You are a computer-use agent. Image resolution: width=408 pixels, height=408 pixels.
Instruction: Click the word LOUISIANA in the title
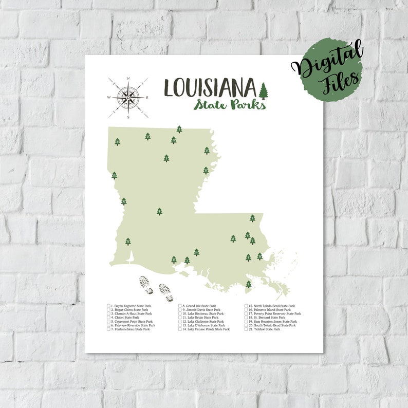(x=210, y=87)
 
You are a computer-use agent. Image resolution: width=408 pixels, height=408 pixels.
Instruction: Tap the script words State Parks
(x=230, y=104)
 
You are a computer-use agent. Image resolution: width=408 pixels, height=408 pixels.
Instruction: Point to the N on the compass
(x=128, y=79)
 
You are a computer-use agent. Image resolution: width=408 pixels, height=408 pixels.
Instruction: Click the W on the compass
(x=108, y=97)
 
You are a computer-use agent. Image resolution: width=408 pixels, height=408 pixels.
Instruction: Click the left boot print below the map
(x=146, y=285)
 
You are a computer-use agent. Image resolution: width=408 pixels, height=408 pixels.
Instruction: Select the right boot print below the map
(x=166, y=292)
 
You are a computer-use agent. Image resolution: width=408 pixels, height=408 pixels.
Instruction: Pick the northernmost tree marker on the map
(x=179, y=129)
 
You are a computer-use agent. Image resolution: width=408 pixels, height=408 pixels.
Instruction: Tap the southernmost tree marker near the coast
(x=248, y=284)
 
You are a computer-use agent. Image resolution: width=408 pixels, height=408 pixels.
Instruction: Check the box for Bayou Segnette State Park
(x=109, y=306)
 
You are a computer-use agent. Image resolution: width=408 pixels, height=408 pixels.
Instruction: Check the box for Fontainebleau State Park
(x=109, y=329)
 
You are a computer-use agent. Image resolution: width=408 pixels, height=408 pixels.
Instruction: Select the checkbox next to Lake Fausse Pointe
(x=180, y=329)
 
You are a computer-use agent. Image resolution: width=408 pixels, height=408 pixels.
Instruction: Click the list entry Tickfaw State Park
(x=265, y=329)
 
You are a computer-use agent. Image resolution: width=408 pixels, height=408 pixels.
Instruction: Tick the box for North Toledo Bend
(x=246, y=306)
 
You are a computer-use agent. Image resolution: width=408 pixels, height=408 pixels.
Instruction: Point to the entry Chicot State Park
(x=125, y=318)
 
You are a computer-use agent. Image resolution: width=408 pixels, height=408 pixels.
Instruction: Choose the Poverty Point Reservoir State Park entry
(x=274, y=313)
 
